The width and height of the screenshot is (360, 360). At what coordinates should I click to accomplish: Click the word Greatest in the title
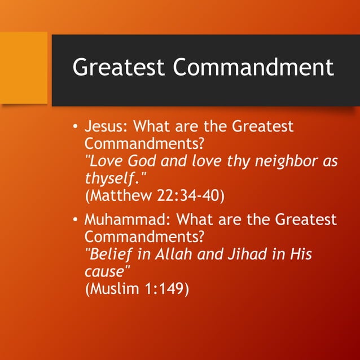(x=119, y=67)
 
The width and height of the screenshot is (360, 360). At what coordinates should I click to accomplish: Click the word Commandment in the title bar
(x=253, y=67)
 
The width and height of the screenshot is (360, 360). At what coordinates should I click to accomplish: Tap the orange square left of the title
(x=24, y=68)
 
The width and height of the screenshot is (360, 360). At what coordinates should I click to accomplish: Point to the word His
(x=300, y=254)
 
